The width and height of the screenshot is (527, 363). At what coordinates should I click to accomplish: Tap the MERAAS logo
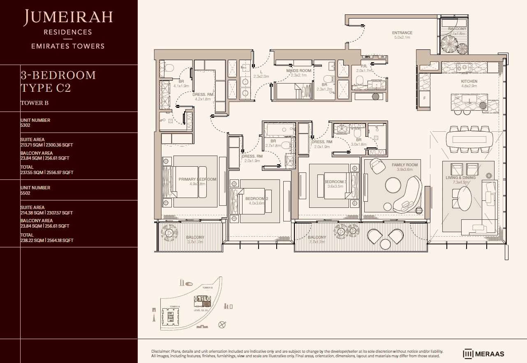(483, 354)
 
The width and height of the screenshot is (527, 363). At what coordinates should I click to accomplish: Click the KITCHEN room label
(469, 81)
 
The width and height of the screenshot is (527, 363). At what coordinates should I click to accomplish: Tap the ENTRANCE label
(402, 33)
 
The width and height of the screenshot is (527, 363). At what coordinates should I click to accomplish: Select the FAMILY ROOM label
(404, 165)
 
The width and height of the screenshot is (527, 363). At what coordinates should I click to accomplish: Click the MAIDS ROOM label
(299, 71)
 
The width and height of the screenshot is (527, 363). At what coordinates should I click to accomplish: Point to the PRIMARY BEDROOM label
(197, 179)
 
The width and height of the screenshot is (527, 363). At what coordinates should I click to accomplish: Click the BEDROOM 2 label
(257, 199)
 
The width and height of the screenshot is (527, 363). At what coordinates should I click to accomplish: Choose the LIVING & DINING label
(460, 177)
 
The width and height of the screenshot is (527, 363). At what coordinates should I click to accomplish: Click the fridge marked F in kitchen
(424, 99)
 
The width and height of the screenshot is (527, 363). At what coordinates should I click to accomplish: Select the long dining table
(469, 137)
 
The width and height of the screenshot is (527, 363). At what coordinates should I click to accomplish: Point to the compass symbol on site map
(222, 324)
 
